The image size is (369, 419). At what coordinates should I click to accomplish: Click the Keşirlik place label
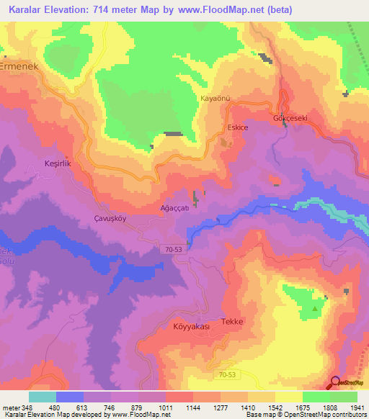(x=58, y=164)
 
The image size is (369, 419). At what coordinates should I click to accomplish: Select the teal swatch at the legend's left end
(x=43, y=397)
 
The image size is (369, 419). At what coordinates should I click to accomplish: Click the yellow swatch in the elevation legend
(x=288, y=397)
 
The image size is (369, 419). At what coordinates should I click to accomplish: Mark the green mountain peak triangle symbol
(x=315, y=310)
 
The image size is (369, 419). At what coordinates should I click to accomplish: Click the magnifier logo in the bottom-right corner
(x=337, y=382)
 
